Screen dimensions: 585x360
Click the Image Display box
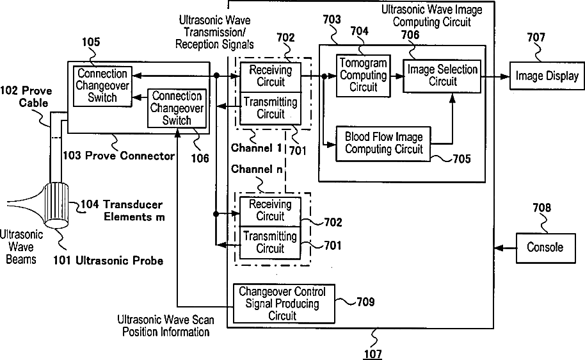[x=547, y=76]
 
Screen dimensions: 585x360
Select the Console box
[x=545, y=248]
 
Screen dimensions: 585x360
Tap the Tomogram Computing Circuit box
[x=364, y=76]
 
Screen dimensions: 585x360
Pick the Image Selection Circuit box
[x=442, y=76]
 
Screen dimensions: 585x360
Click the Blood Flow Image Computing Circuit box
[x=383, y=143]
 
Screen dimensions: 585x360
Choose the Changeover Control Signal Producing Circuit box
[x=284, y=304]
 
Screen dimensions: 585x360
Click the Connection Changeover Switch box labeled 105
[x=102, y=86]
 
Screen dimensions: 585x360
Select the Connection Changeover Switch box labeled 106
[x=177, y=108]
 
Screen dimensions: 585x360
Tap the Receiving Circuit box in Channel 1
[x=271, y=77]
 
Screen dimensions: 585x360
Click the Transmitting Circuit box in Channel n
[x=270, y=243]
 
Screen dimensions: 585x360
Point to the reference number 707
[x=536, y=37]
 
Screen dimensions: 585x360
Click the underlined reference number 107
[x=373, y=354]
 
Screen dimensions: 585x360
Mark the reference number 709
[x=365, y=302]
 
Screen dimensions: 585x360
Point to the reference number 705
[x=462, y=159]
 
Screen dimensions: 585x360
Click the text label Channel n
[x=257, y=169]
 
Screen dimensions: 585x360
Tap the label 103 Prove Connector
[x=118, y=156]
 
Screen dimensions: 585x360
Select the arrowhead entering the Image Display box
[x=505, y=77]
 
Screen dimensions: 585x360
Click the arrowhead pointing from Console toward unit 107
[x=498, y=248]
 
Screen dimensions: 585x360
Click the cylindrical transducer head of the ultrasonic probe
[x=57, y=205]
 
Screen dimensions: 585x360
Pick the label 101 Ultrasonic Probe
[x=108, y=261]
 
